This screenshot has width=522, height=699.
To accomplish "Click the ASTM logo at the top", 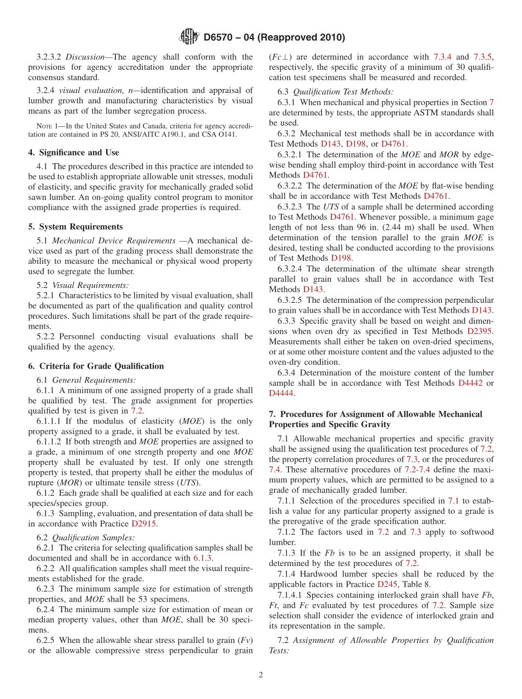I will point(190,37).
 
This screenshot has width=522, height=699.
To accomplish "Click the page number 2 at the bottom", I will point(261,675).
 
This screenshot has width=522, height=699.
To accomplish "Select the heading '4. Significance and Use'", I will point(74,152).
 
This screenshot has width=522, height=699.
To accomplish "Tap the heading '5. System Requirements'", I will point(75,226).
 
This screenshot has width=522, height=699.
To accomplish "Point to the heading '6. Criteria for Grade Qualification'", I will point(96,366).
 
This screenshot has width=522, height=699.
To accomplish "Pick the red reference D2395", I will point(480,331).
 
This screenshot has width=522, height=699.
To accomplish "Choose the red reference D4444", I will point(281,393).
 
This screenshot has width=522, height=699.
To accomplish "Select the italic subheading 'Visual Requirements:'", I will point(91,285).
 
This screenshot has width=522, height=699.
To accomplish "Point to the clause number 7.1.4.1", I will point(290,595).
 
